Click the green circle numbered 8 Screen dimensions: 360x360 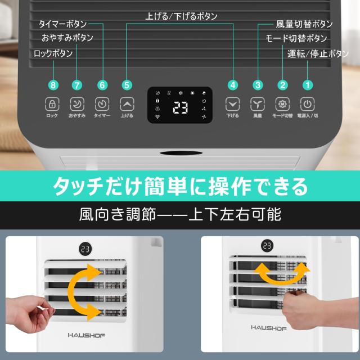[53, 85]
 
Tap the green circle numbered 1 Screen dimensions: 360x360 [307, 85]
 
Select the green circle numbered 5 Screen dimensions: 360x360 [127, 85]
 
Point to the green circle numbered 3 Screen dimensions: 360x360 [258, 85]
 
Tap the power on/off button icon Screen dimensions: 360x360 [307, 104]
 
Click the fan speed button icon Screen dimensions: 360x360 [258, 104]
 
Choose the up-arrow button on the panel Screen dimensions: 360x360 [127, 104]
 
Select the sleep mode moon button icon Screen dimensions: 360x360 [77, 104]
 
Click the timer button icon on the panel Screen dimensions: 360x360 [102, 104]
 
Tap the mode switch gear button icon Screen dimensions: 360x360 [282, 104]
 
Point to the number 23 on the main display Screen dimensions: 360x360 [180, 107]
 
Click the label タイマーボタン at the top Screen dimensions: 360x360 [62, 24]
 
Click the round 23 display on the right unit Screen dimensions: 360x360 [266, 246]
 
